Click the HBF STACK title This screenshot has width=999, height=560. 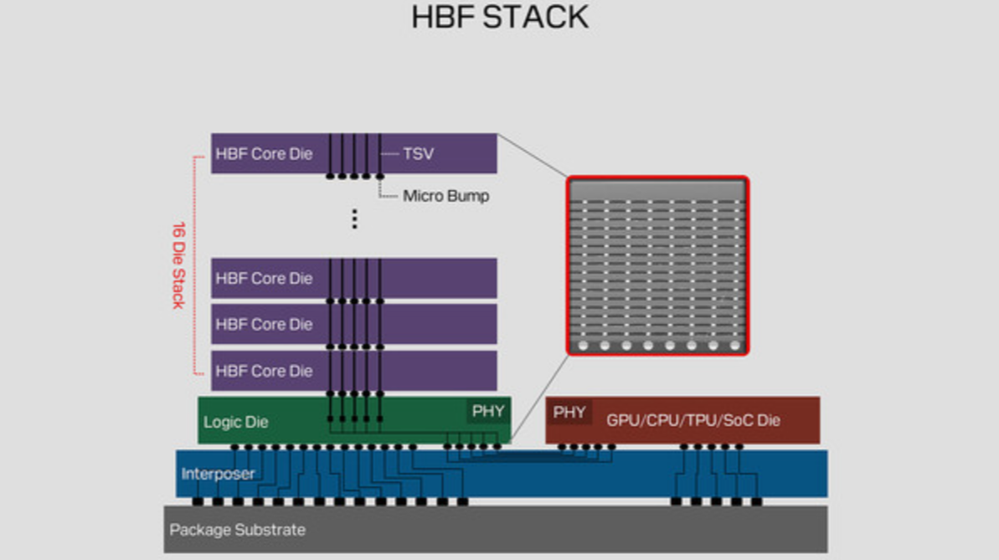(500, 18)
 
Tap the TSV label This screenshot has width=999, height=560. (418, 153)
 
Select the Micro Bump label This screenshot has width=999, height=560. (446, 196)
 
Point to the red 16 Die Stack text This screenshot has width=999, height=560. (179, 265)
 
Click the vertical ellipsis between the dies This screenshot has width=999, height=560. (355, 218)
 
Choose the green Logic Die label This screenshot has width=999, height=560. (236, 422)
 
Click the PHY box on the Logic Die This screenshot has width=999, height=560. (488, 412)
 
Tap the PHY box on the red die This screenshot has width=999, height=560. (569, 413)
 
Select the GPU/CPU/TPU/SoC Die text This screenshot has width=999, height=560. (693, 420)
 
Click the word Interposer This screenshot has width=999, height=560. (218, 474)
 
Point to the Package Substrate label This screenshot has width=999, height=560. (237, 530)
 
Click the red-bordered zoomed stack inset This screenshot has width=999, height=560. (657, 265)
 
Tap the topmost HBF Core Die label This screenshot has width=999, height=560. (264, 153)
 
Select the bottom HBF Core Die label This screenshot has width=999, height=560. (264, 371)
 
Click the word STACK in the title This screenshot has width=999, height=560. (536, 18)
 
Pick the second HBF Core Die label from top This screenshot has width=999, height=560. (264, 279)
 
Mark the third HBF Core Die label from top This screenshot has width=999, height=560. (264, 324)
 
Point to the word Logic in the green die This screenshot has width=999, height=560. (219, 423)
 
